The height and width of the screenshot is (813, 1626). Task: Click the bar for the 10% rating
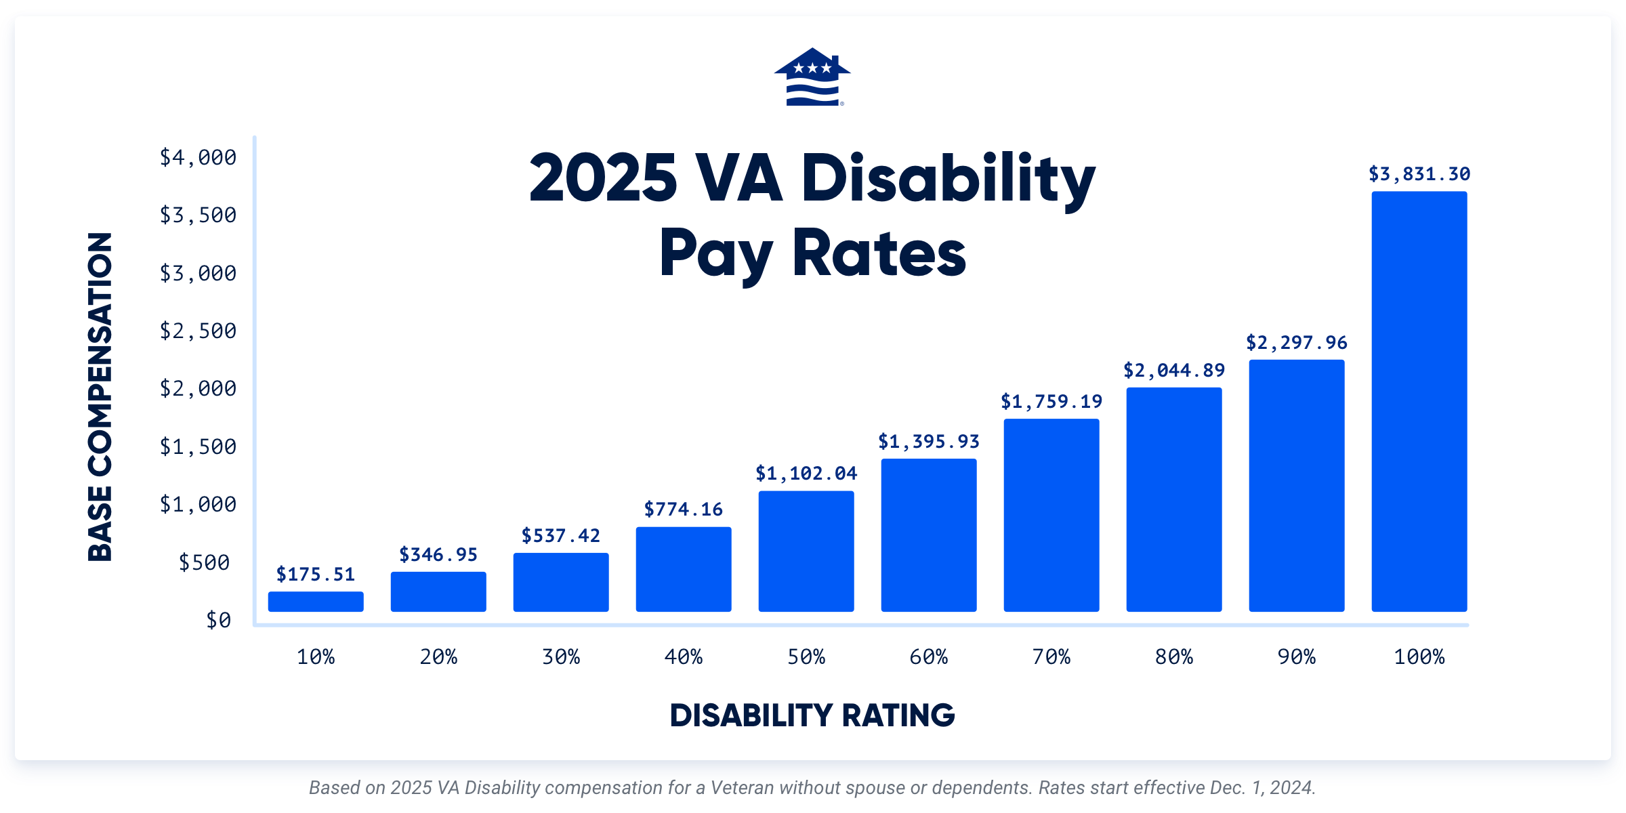[x=316, y=602]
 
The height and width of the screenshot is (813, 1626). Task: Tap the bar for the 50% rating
[x=806, y=551]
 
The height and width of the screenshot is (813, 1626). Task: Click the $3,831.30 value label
[x=1419, y=174]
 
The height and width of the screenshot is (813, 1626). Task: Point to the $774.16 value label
[x=683, y=509]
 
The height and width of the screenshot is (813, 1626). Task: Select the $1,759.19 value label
[x=1051, y=402]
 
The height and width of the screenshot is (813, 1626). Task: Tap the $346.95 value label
[x=438, y=555]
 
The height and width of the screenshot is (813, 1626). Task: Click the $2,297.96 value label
[x=1296, y=343]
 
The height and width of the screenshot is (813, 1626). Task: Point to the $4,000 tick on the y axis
[x=198, y=157]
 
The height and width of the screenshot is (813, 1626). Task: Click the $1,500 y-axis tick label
[x=198, y=446]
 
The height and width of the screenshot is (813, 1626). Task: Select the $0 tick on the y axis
[x=218, y=620]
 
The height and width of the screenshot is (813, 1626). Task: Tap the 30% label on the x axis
[x=560, y=656]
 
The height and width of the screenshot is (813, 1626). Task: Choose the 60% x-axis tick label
[x=928, y=656]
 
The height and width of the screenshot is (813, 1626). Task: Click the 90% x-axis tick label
[x=1296, y=656]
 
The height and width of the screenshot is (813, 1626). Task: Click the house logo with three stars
[x=812, y=77]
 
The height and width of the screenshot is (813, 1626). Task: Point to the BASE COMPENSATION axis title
[x=100, y=397]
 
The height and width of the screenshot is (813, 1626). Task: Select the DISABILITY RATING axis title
[x=812, y=715]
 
